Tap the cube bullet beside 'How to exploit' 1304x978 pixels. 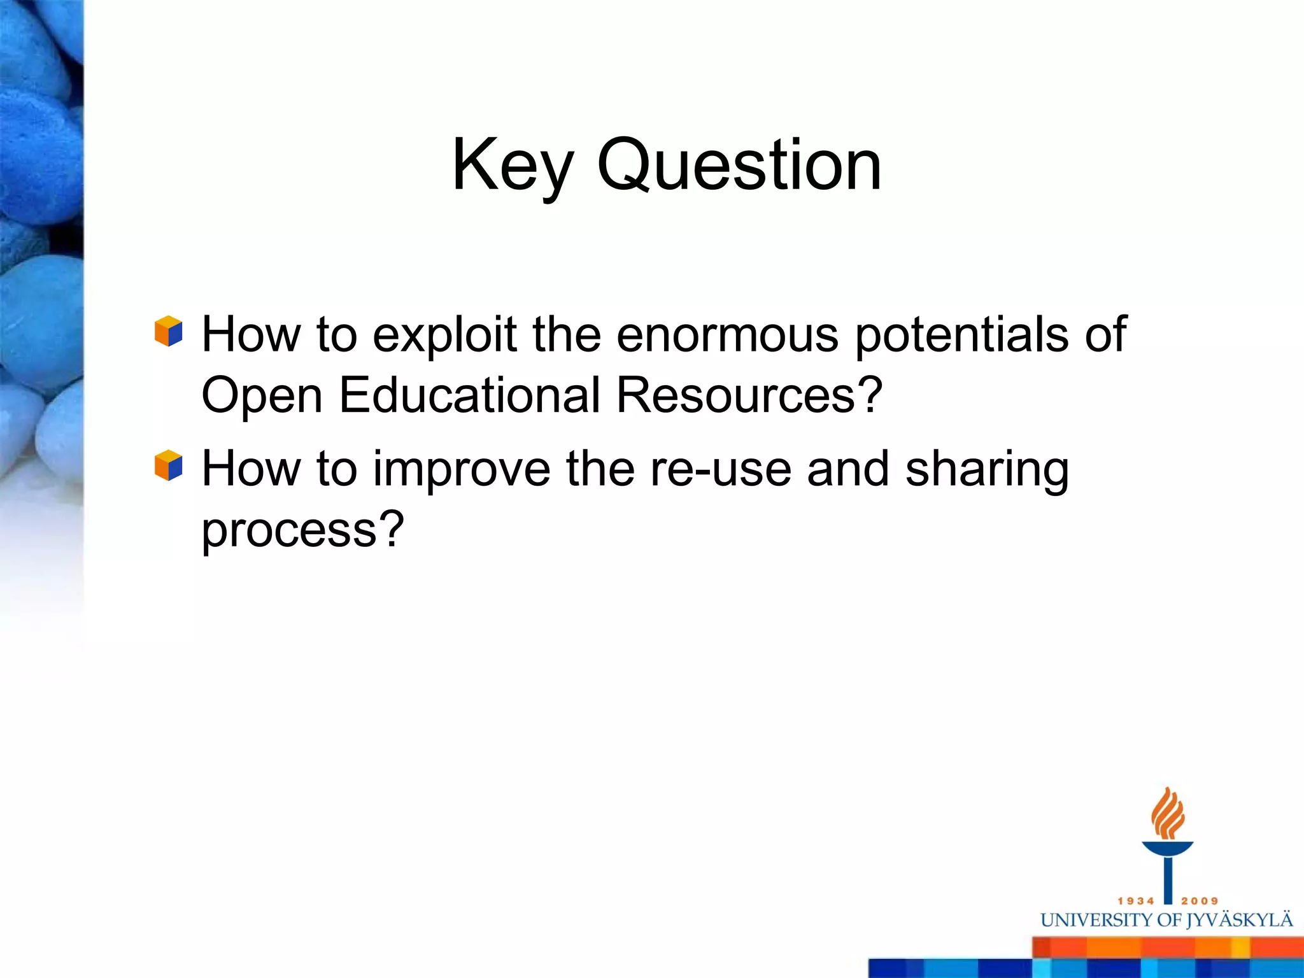169,331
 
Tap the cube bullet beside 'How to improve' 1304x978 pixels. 169,465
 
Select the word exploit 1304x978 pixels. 444,335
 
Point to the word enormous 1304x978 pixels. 727,335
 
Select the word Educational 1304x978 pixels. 470,395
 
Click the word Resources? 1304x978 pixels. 749,395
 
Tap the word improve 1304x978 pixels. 462,470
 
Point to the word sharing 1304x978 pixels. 987,470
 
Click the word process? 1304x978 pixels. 302,530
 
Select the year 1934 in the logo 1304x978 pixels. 1136,901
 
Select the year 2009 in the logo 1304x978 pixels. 1200,901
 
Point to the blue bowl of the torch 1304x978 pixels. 1167,849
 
